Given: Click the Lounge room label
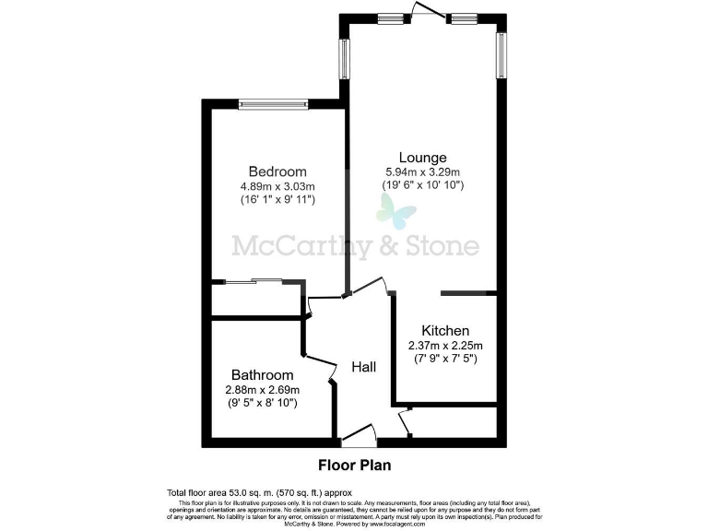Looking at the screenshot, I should point(423,158).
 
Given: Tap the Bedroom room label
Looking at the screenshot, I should point(277,171).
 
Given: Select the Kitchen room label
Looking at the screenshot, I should point(445,331).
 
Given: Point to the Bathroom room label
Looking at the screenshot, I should point(263,375).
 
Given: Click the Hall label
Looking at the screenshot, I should point(364,367).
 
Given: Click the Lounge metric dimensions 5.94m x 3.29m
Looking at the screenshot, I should point(423,172).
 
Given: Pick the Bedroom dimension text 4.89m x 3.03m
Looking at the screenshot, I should point(277,186).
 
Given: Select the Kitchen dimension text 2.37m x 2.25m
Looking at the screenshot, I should point(445,346).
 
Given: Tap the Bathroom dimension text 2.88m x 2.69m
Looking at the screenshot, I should point(263,390).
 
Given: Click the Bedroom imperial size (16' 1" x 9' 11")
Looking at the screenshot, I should point(277,200).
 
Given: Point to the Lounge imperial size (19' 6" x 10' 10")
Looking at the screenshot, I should point(423,186).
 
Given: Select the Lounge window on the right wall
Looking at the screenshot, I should point(501,55).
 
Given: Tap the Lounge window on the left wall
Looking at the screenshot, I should point(345,58).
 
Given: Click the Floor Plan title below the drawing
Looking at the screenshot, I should point(354,465).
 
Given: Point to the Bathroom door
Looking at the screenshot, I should point(320,366).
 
